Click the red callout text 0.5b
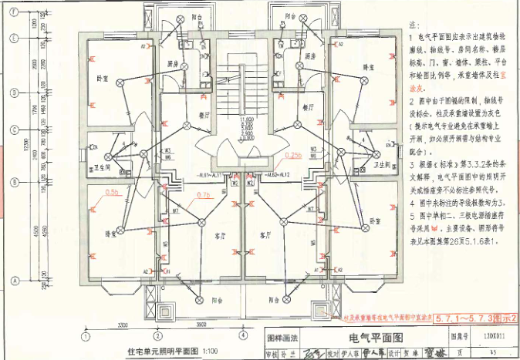(112, 191)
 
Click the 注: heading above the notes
(413, 25)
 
